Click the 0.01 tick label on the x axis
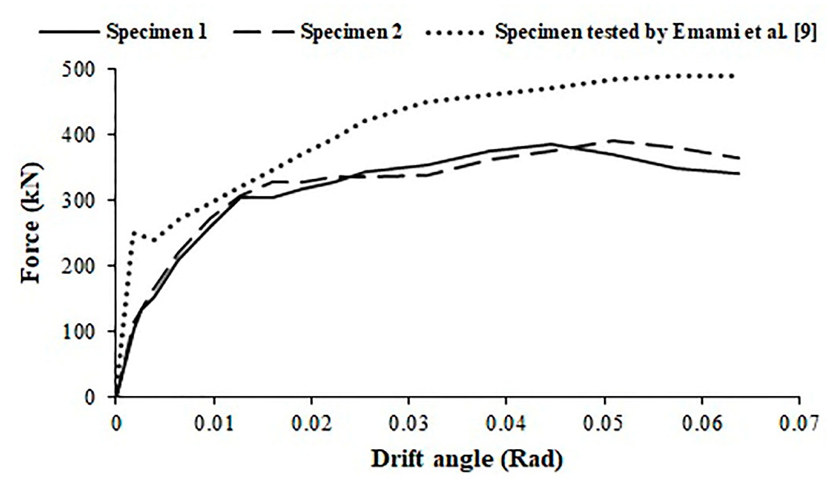point(213,424)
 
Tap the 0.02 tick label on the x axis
point(311,424)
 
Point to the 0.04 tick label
point(506,424)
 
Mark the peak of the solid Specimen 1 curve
point(551,144)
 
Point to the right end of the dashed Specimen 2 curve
point(739,158)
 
